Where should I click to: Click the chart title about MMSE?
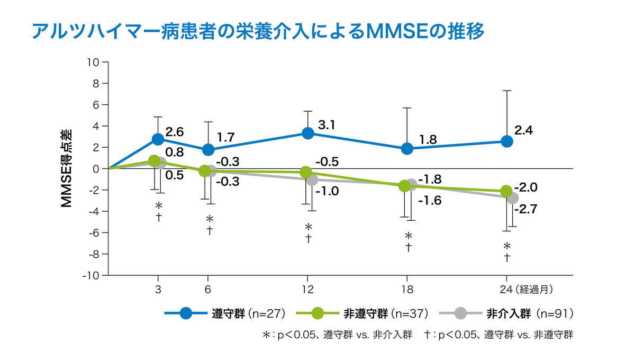(x=258, y=31)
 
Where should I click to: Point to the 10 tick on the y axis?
(x=94, y=62)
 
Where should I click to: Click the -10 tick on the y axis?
(x=92, y=275)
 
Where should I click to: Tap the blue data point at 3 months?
(x=158, y=139)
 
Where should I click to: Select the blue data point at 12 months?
(x=307, y=133)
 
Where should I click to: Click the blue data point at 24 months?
(x=507, y=141)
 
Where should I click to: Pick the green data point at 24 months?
(x=506, y=191)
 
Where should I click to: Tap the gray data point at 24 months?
(x=512, y=198)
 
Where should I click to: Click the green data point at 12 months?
(x=305, y=172)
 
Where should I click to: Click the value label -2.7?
(x=527, y=210)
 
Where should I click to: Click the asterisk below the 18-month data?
(x=408, y=236)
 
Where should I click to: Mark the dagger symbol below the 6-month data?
(x=210, y=230)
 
